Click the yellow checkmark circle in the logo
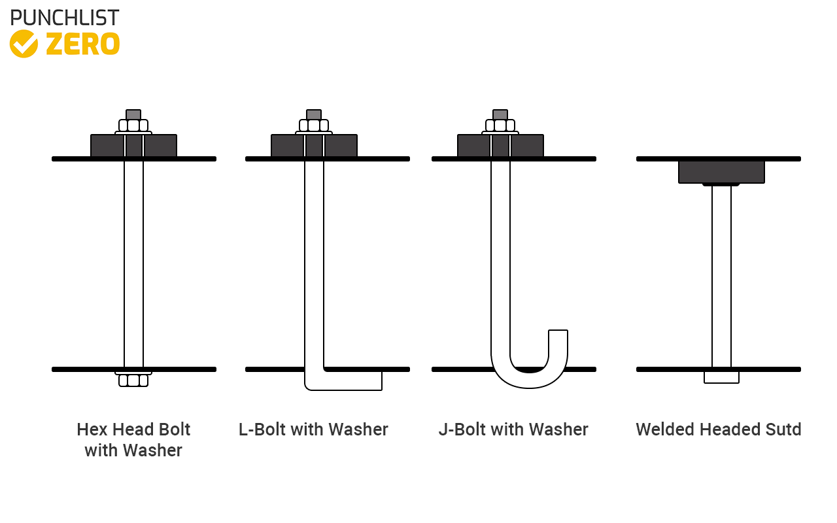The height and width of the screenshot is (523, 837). [x=24, y=44]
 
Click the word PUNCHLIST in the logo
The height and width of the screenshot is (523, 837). [x=65, y=18]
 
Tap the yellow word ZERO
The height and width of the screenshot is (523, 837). [x=82, y=44]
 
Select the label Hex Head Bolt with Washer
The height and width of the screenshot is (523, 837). [x=133, y=439]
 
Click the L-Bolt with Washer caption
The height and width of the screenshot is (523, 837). [x=313, y=430]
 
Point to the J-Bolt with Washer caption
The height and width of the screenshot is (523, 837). [x=513, y=430]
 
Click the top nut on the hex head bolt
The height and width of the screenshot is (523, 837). [x=133, y=126]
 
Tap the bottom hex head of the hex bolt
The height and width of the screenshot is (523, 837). [x=133, y=380]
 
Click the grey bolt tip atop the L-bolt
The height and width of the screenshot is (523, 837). [x=314, y=114]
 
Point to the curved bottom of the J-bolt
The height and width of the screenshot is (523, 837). [x=529, y=379]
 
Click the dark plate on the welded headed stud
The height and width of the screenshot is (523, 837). [x=721, y=171]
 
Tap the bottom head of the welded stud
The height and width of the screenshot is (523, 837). [x=721, y=377]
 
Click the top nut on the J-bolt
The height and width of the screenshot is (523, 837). [x=500, y=126]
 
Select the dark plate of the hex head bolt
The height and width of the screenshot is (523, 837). [x=107, y=146]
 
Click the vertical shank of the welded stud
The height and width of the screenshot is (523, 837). [x=721, y=275]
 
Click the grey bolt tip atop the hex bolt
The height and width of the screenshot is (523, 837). [x=133, y=114]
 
